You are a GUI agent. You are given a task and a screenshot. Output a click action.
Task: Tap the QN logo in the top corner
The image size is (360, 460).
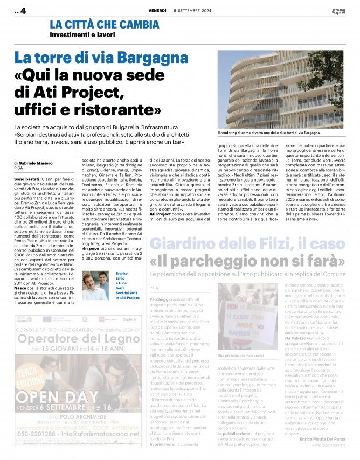338,10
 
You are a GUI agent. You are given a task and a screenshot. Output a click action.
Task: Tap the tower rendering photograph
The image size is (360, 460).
280,89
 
